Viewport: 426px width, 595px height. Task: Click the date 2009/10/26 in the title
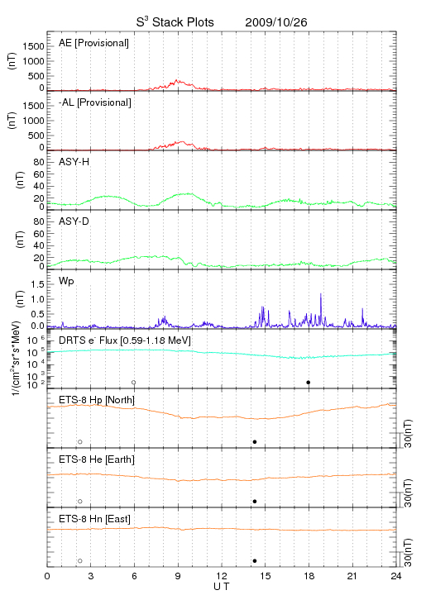(x=276, y=22)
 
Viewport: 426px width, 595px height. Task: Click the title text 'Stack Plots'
(x=183, y=22)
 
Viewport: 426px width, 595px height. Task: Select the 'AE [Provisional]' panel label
(x=93, y=43)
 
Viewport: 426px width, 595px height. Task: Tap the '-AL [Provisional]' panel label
(x=95, y=102)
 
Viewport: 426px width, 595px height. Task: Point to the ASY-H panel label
(x=74, y=162)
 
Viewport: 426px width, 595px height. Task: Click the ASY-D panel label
(x=74, y=221)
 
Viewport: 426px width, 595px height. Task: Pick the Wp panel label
(x=66, y=281)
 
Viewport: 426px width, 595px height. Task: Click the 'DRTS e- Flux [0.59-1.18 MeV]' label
(x=125, y=340)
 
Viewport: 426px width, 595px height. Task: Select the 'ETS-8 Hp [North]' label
(x=97, y=400)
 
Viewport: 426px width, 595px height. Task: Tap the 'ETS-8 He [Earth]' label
(x=97, y=459)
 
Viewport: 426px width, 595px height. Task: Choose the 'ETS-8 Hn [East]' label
(x=94, y=519)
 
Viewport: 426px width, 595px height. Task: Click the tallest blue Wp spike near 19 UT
(x=321, y=293)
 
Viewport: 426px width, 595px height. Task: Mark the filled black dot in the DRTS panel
(x=309, y=382)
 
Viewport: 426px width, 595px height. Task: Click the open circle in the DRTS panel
(x=134, y=382)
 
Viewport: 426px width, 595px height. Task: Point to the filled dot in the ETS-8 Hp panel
(x=255, y=441)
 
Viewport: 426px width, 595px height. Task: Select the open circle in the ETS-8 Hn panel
(x=80, y=560)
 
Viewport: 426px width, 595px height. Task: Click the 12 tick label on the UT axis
(x=222, y=576)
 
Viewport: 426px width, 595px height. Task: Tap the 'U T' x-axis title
(x=222, y=587)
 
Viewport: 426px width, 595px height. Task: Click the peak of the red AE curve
(x=176, y=80)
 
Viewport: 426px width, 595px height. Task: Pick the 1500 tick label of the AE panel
(x=34, y=46)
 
